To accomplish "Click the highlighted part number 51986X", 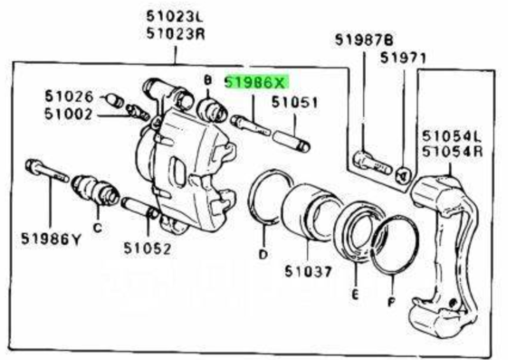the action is [255, 83].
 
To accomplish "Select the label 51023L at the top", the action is [174, 17].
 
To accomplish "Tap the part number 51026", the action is [69, 96].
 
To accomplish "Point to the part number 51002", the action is [68, 114].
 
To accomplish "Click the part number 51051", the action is [295, 102].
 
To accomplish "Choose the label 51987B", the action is [364, 40].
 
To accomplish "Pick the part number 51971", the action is [403, 59].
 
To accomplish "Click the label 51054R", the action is [452, 151].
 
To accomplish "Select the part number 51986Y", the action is [51, 239].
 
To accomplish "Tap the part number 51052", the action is [147, 249].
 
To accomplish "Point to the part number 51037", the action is [309, 272].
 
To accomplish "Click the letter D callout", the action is [264, 254].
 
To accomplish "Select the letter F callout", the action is [392, 302].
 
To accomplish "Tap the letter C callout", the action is [97, 228].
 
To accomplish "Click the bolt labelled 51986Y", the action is [46, 171].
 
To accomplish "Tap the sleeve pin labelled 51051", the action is [292, 141].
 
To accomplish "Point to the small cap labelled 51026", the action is [116, 100].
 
